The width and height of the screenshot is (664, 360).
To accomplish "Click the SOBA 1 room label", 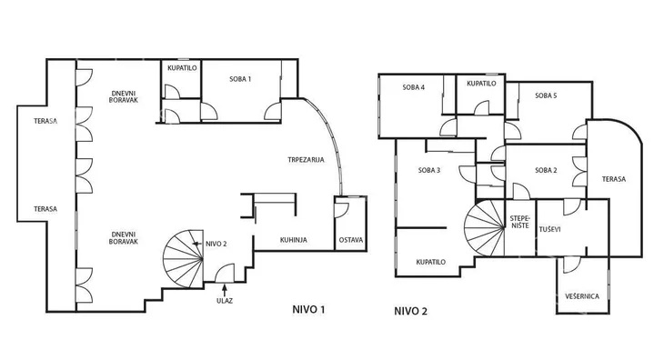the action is [x=240, y=79].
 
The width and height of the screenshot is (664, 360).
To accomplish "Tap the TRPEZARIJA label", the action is [x=306, y=160].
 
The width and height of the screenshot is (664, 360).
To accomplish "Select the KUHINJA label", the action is [x=294, y=240].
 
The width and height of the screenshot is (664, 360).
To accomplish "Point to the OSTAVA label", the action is [x=351, y=240].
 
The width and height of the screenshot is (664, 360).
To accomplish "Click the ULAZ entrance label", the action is [x=225, y=301].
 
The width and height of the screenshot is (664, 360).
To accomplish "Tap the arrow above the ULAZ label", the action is [x=225, y=290].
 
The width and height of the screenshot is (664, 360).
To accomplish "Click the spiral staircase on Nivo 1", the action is [x=184, y=259].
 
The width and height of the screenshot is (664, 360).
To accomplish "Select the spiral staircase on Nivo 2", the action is [x=485, y=227].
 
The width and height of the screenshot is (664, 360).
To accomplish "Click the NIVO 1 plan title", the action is [x=308, y=309].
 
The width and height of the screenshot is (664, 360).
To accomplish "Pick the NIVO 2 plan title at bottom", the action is [x=411, y=311].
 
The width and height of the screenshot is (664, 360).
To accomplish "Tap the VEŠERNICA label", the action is [x=582, y=296].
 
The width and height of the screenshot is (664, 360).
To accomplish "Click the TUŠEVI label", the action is [x=549, y=229].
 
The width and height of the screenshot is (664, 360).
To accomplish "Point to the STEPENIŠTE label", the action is [x=519, y=222].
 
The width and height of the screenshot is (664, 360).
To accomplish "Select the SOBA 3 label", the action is [x=429, y=170].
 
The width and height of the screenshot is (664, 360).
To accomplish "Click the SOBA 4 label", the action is [x=414, y=87].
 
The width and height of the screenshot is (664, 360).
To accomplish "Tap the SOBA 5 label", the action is [x=546, y=95].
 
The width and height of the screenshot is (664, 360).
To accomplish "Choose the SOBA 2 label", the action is [x=546, y=170].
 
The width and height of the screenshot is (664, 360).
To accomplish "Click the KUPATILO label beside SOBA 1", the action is [x=182, y=67].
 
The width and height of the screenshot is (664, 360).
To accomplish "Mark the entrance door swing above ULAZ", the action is [x=225, y=274].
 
